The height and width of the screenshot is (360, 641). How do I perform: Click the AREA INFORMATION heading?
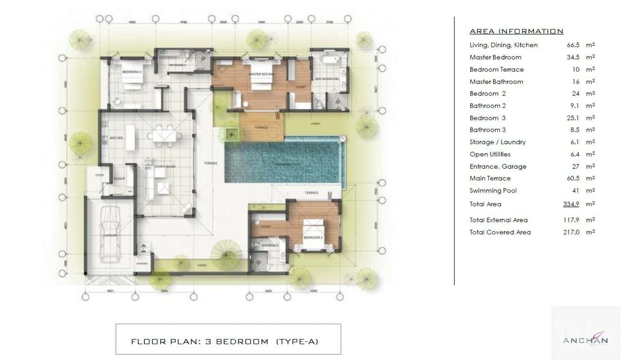[516, 32]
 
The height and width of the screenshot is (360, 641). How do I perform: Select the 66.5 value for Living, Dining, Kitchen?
[573, 45]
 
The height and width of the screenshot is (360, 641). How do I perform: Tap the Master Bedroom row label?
[495, 57]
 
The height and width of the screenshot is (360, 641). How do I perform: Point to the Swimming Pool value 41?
[576, 191]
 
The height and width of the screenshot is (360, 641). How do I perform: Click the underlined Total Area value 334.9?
[572, 204]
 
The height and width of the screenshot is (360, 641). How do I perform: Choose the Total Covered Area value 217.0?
[572, 233]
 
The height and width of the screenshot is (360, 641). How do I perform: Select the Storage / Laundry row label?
[497, 142]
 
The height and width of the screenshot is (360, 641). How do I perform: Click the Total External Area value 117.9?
[572, 220]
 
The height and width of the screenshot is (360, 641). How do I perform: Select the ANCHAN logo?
[585, 340]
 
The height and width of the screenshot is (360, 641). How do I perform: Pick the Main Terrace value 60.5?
[573, 179]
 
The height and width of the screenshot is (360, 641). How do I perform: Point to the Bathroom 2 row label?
[487, 106]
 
